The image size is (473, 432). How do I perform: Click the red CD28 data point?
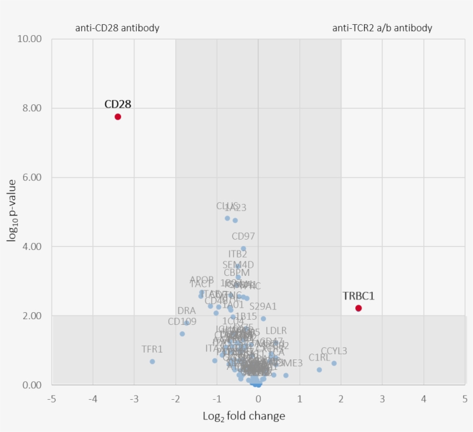click(x=118, y=116)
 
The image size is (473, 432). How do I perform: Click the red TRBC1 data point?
click(x=358, y=308)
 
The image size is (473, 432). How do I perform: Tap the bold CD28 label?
click(x=118, y=104)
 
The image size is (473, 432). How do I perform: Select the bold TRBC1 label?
click(x=358, y=296)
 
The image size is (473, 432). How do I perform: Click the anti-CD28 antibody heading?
click(x=117, y=28)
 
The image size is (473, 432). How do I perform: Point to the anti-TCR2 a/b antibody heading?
click(x=382, y=28)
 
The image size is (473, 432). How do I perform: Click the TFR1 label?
click(x=152, y=349)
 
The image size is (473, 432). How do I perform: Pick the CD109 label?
click(x=182, y=321)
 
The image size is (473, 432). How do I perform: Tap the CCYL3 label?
click(x=334, y=351)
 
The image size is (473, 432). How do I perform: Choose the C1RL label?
click(x=320, y=358)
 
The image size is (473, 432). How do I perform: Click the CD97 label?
click(x=243, y=236)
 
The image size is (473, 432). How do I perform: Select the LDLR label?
click(x=276, y=331)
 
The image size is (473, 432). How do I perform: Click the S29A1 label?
click(x=263, y=306)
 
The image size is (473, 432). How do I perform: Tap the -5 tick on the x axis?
click(x=51, y=399)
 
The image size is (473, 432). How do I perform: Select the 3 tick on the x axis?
click(x=382, y=399)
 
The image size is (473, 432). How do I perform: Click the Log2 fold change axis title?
click(x=244, y=416)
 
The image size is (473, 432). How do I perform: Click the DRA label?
click(x=186, y=311)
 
